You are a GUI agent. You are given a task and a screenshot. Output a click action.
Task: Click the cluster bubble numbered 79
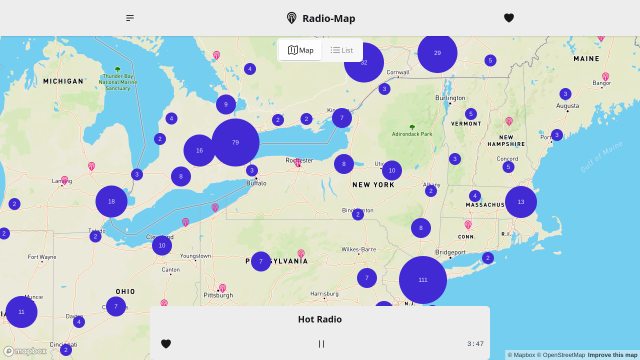235,142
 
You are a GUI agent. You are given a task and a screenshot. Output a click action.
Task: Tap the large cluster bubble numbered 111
423,280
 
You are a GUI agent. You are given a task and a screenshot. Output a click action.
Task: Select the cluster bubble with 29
437,53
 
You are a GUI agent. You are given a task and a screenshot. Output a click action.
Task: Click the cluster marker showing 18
112,201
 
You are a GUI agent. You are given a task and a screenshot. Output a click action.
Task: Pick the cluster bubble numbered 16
200,150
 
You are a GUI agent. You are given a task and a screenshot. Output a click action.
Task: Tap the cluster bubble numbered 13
521,202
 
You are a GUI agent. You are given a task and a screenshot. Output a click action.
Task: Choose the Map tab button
300,50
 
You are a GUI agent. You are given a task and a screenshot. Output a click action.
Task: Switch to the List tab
342,50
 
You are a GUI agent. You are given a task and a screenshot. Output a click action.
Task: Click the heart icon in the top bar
509,18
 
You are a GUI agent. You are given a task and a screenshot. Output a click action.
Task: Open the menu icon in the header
130,18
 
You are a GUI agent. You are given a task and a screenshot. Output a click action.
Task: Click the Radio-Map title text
328,18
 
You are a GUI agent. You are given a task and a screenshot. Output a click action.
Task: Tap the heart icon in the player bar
166,343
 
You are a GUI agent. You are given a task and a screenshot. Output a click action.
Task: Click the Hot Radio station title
320,319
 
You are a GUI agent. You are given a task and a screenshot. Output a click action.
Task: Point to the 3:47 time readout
475,343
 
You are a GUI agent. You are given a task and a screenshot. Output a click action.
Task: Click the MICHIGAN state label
64,81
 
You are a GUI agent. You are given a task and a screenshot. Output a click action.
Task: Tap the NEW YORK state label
373,185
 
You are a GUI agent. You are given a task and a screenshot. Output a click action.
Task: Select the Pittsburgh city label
218,295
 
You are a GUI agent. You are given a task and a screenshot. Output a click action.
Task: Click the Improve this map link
611,355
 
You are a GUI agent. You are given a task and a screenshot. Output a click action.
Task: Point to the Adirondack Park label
412,133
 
